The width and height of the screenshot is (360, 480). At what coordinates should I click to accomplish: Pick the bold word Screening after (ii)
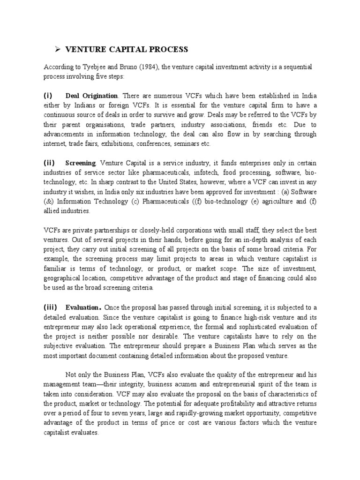tap(81, 163)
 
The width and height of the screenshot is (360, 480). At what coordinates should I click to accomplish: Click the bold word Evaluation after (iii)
tap(83, 307)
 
